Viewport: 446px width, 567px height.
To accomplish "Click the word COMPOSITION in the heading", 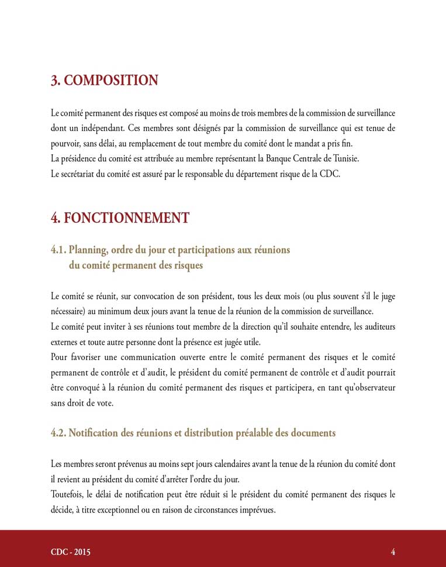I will tap(110, 81).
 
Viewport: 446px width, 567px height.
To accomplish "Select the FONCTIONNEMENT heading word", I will tap(126, 218).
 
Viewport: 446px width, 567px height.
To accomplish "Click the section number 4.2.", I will tap(59, 433).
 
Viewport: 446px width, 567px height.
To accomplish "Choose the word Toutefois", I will tap(68, 495).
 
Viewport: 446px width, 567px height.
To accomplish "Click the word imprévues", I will tap(255, 510).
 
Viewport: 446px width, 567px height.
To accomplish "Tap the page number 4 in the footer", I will tap(393, 552).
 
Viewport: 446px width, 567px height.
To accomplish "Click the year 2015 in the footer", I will tap(81, 552).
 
